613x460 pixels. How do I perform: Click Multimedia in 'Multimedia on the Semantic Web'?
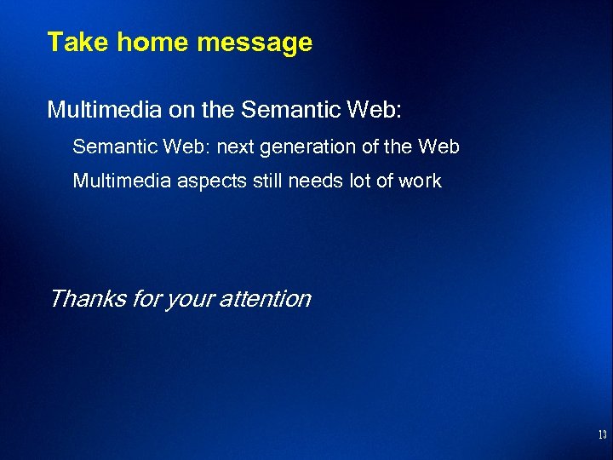pos(96,109)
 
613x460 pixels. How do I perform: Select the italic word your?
pos(193,299)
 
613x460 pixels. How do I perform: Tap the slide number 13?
pos(602,435)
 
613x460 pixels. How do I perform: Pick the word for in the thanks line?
pos(146,299)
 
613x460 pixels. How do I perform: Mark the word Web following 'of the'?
pos(439,147)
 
